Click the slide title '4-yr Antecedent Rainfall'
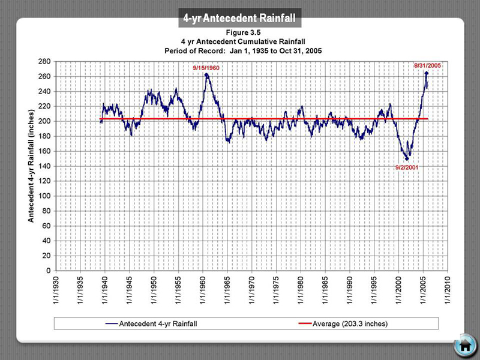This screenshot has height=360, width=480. pos(240,19)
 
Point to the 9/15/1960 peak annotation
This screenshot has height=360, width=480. pos(206,68)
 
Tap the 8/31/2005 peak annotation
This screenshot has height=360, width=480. pos(427,65)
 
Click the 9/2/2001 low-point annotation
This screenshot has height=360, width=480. pos(406,167)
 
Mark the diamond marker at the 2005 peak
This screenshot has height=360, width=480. pos(426,73)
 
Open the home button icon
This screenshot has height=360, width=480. pos(464,346)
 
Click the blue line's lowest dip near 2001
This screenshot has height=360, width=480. pos(407,159)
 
